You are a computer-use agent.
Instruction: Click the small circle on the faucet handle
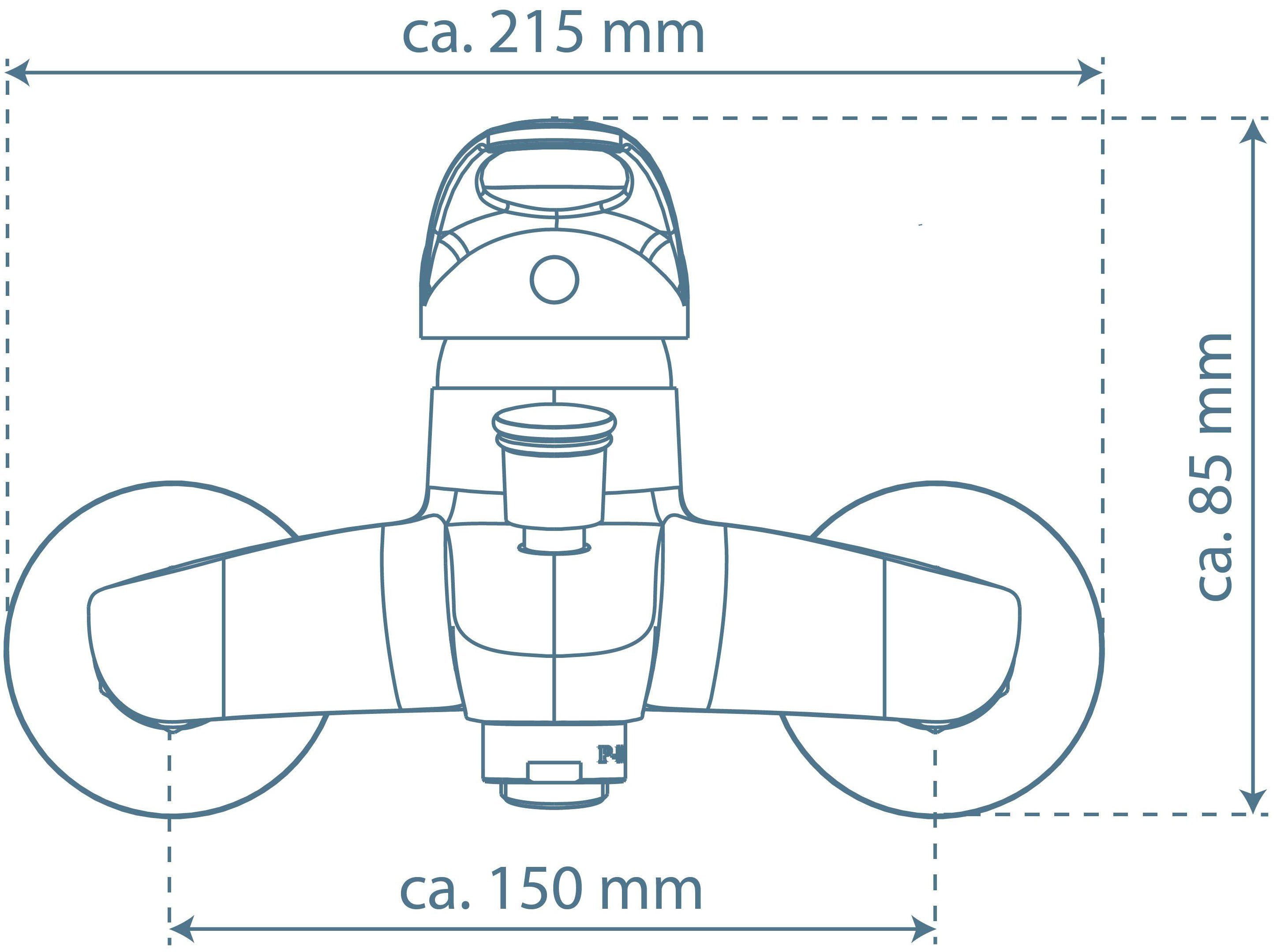coord(554,280)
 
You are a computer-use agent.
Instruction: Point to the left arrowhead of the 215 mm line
coord(17,72)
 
